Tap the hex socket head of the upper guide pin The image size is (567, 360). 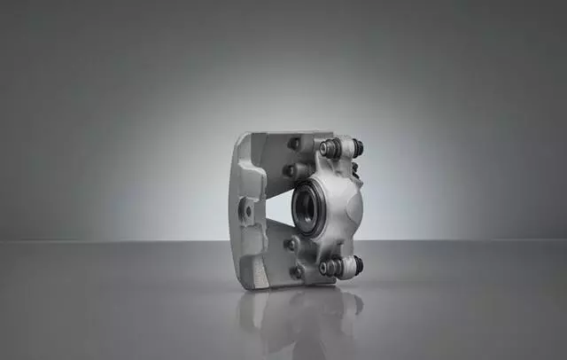point(329,147)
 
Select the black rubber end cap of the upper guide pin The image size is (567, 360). point(358,148)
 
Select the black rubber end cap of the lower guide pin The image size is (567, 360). point(358,264)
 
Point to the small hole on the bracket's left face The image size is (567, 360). point(248,211)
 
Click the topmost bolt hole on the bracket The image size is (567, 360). point(294,143)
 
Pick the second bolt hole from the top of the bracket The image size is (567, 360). point(289,170)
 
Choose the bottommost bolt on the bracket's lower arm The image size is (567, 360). point(296,271)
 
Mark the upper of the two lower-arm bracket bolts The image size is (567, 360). point(290,243)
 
